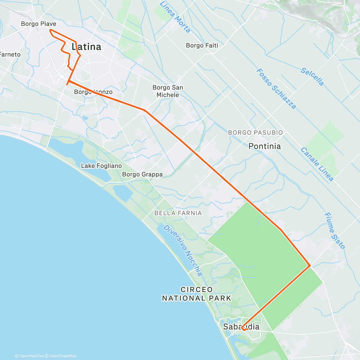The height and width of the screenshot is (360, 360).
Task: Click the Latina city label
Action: (86, 47)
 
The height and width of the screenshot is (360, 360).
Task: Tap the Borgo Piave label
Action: (38, 24)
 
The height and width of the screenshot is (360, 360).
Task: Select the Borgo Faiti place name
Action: (202, 45)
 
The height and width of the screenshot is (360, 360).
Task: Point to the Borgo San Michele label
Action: (168, 91)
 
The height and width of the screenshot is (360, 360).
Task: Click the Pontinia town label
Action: (265, 146)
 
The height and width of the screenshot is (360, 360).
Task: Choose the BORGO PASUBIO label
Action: (255, 132)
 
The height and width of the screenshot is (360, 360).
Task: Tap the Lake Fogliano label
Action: (101, 166)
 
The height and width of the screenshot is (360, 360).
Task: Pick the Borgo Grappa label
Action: (142, 174)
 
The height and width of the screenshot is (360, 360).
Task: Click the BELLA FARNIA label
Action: (178, 213)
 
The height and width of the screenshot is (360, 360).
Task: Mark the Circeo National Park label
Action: (196, 294)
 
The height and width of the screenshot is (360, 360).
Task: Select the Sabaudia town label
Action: (241, 327)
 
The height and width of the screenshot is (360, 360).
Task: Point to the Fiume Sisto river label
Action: (335, 231)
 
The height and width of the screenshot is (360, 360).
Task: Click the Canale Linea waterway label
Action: (317, 164)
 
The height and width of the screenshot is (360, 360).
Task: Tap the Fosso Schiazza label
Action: (276, 89)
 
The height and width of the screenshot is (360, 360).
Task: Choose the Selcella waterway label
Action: (312, 77)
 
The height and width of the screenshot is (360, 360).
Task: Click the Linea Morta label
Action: (175, 17)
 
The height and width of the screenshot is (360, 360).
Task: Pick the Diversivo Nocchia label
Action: (183, 250)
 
